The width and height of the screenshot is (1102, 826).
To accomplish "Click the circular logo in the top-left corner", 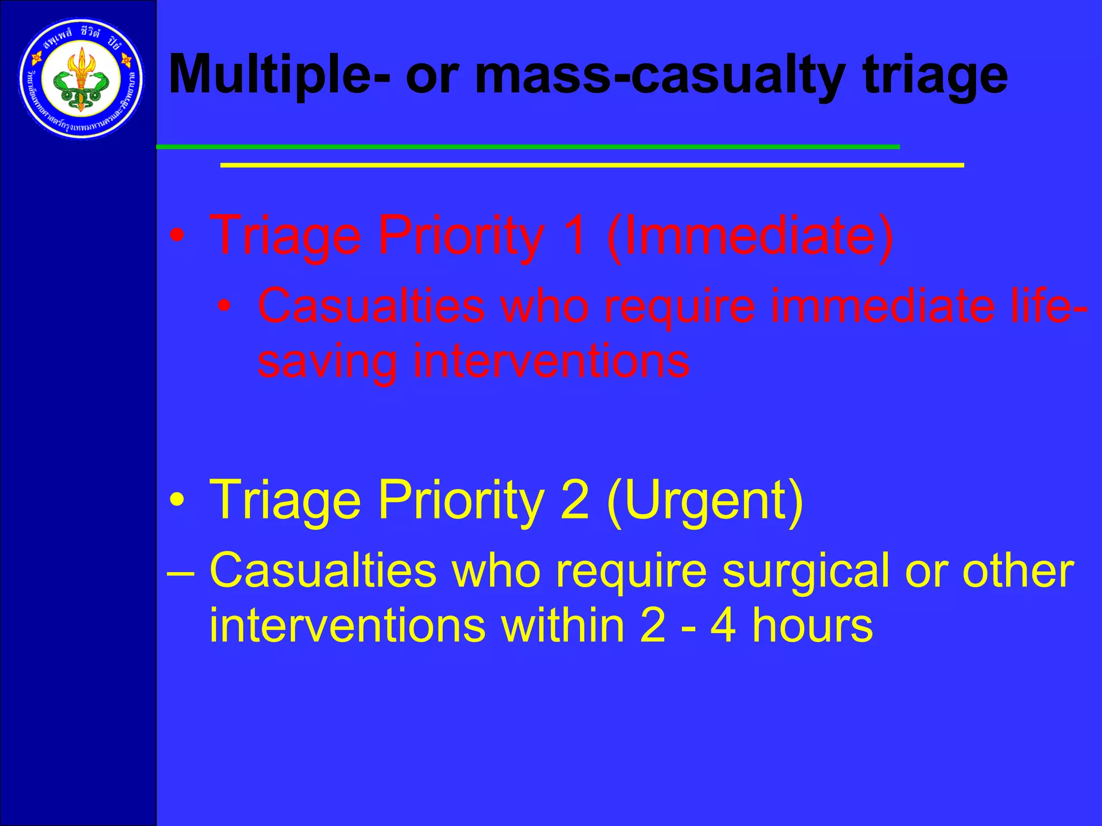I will pyautogui.click(x=81, y=79).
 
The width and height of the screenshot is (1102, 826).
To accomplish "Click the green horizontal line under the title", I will pyautogui.click(x=527, y=147).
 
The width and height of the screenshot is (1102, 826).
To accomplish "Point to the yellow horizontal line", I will pyautogui.click(x=592, y=166).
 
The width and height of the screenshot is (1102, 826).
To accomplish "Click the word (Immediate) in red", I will pyautogui.click(x=750, y=236).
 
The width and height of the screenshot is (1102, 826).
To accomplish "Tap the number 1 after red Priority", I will pyautogui.click(x=575, y=236).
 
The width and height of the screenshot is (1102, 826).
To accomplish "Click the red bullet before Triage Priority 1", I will pyautogui.click(x=177, y=236).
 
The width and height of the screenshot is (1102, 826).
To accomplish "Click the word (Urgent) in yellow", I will pyautogui.click(x=705, y=500).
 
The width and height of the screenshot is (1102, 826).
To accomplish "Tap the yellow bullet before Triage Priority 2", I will pyautogui.click(x=177, y=501).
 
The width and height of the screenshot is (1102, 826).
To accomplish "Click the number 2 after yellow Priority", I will pyautogui.click(x=575, y=500).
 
